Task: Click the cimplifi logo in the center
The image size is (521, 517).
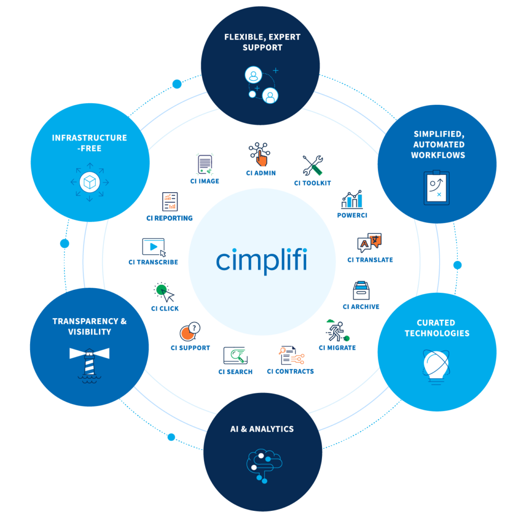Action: (x=262, y=260)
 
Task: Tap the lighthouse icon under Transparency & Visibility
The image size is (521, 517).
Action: (x=90, y=365)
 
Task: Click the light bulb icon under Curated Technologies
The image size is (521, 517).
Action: (x=436, y=367)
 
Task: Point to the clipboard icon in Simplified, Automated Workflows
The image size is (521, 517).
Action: (x=437, y=187)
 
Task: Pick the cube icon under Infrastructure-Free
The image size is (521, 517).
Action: (x=90, y=183)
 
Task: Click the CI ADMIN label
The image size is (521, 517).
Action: (x=261, y=173)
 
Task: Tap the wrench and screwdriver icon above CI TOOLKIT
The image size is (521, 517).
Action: (x=313, y=165)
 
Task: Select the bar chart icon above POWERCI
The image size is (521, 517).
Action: (x=352, y=199)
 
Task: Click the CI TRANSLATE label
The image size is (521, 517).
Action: (x=370, y=260)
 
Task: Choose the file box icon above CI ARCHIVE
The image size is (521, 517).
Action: (x=361, y=290)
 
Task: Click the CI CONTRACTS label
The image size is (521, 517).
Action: (x=291, y=371)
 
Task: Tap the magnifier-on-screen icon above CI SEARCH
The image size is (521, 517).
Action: (x=236, y=356)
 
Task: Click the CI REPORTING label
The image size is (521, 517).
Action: (x=169, y=218)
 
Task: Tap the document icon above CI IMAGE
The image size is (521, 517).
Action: (x=205, y=164)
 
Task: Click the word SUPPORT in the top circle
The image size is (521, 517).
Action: (x=263, y=47)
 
